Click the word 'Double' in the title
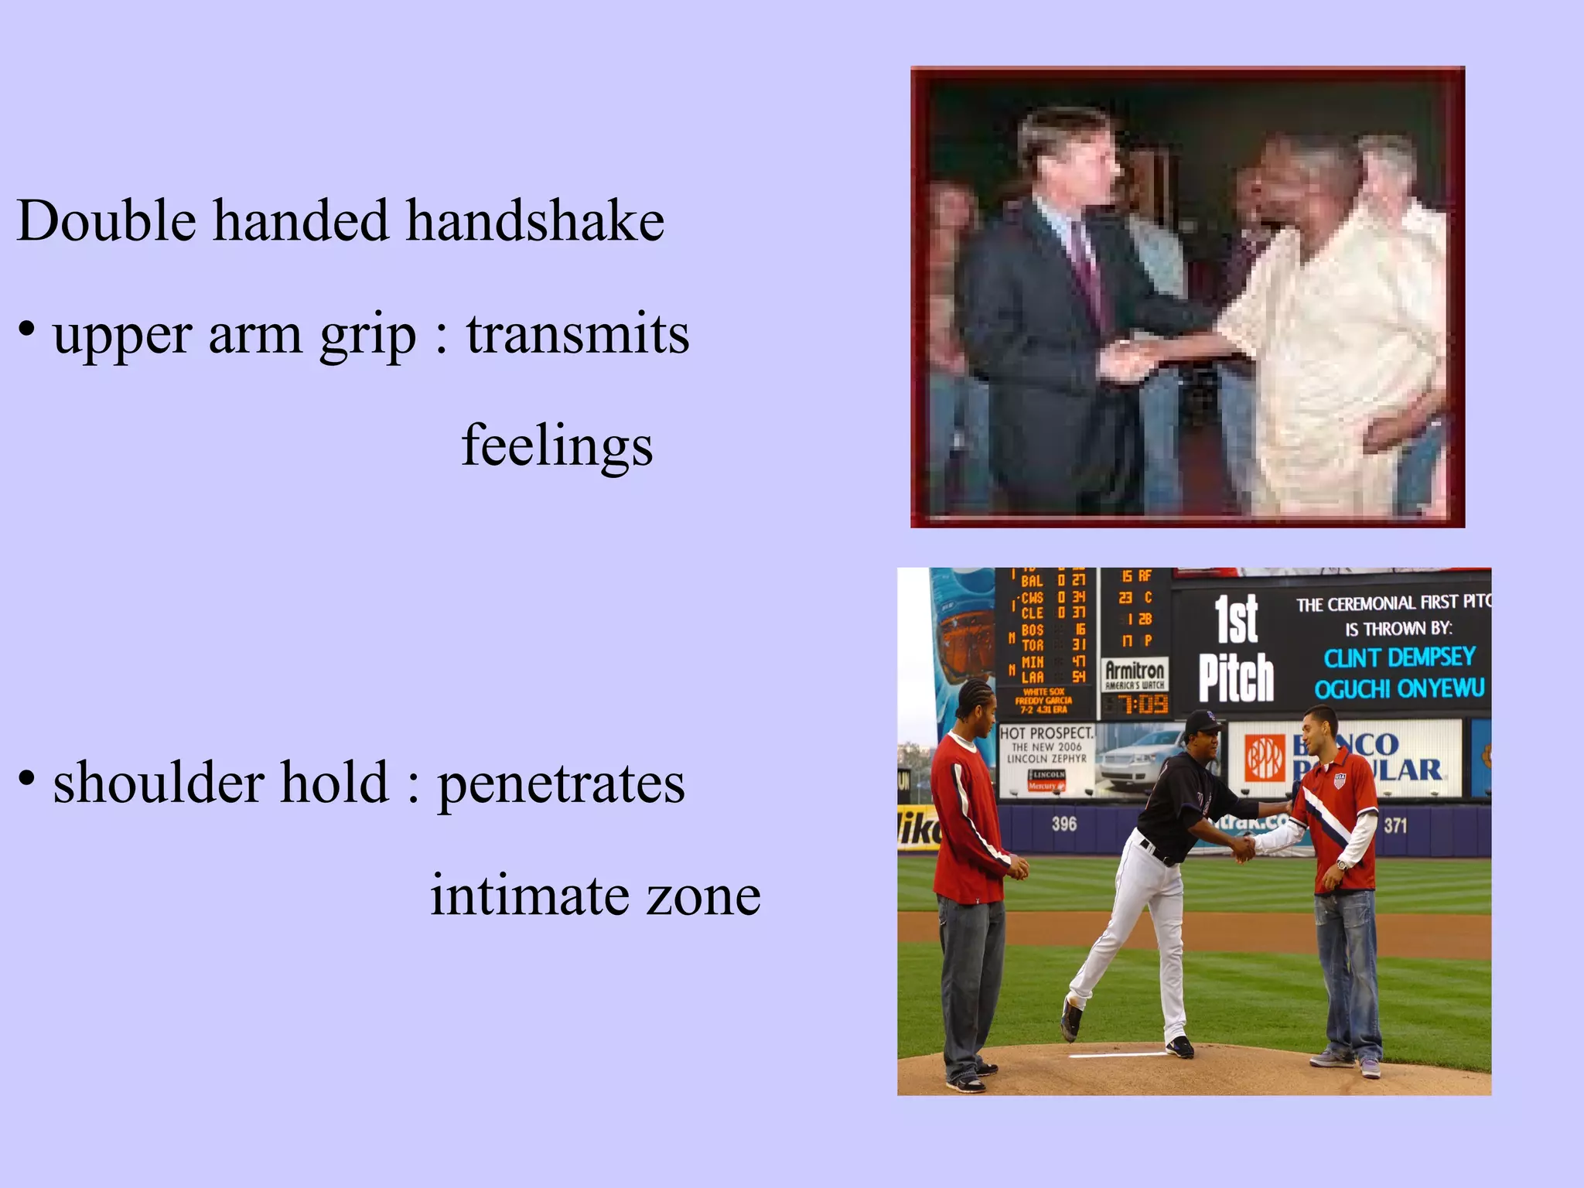click(107, 221)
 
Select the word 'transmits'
click(577, 334)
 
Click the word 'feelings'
click(557, 446)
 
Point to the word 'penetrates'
click(561, 783)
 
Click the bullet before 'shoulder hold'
click(27, 779)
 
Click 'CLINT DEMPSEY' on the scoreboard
click(1399, 657)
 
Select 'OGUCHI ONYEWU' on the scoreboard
click(1399, 688)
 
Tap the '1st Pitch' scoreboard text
click(1236, 648)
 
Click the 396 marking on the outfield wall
click(1063, 824)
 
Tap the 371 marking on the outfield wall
click(1395, 826)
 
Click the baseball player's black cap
click(1203, 721)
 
